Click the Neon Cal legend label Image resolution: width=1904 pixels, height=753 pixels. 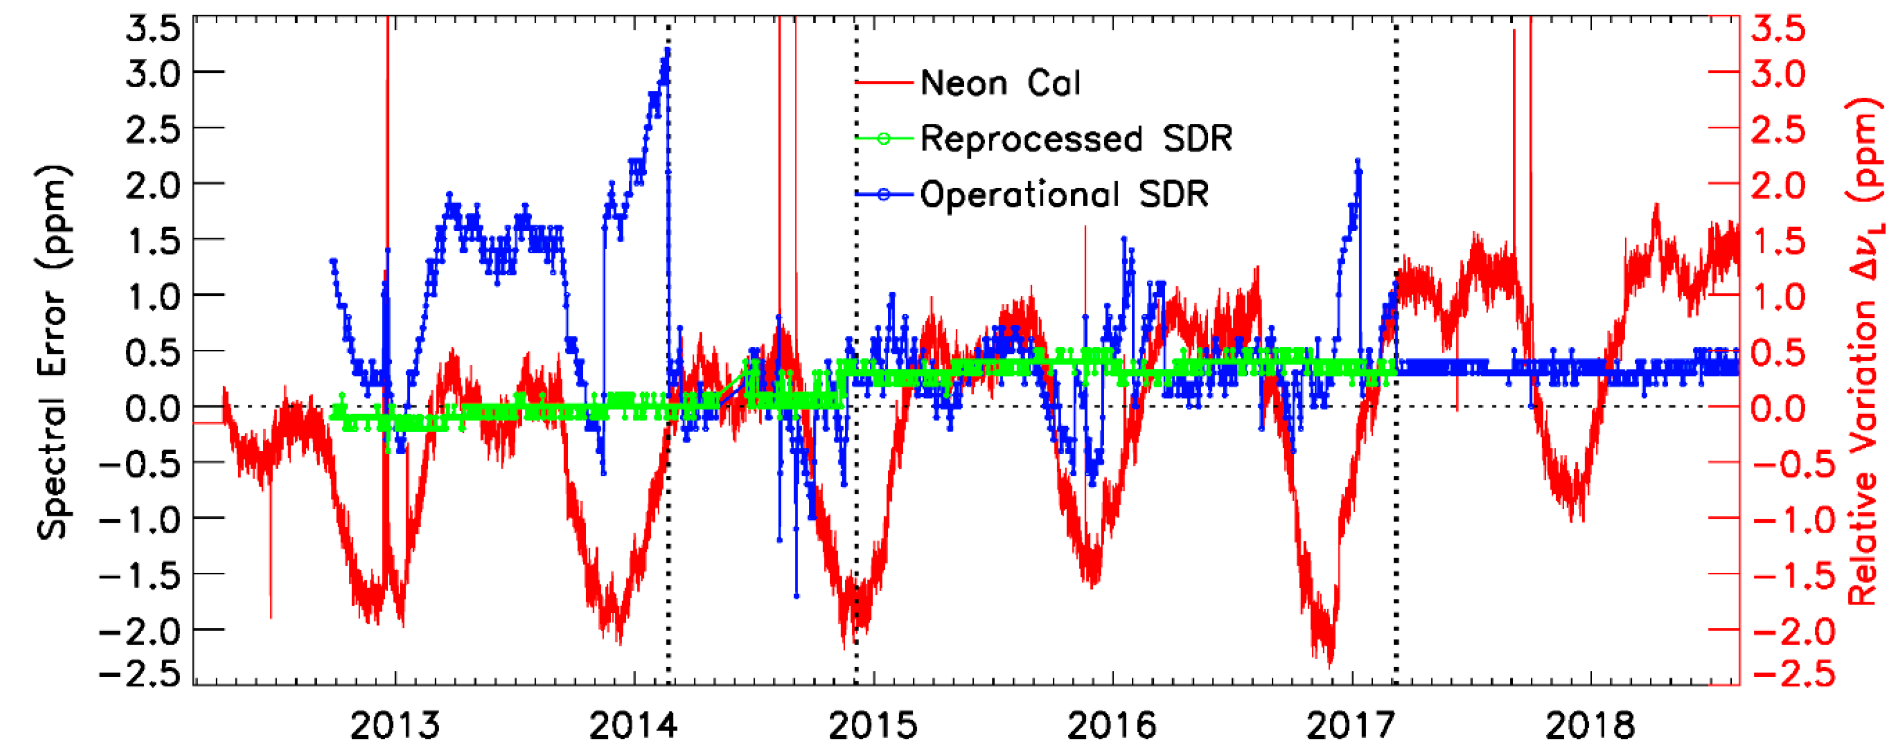pyautogui.click(x=1000, y=83)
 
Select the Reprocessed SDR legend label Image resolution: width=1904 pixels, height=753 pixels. pyautogui.click(x=1076, y=139)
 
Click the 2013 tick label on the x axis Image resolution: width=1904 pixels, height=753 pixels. pyautogui.click(x=395, y=726)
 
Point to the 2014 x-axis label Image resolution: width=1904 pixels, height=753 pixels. pyautogui.click(x=633, y=726)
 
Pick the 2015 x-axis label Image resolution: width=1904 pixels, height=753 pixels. pyautogui.click(x=873, y=726)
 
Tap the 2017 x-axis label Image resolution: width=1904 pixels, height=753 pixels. pyautogui.click(x=1351, y=726)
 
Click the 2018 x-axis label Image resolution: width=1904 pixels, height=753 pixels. pyautogui.click(x=1590, y=726)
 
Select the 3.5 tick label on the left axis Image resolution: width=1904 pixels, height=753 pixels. pyautogui.click(x=153, y=29)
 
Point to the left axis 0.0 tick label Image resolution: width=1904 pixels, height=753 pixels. pyautogui.click(x=153, y=407)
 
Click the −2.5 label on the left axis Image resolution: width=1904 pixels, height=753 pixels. pyautogui.click(x=141, y=674)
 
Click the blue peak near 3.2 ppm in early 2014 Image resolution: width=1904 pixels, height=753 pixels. pyautogui.click(x=667, y=50)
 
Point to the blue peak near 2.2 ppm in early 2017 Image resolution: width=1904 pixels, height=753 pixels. pyautogui.click(x=1358, y=160)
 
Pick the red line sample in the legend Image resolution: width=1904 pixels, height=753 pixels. pyautogui.click(x=884, y=83)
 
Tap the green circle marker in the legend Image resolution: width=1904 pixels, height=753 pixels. pyautogui.click(x=884, y=139)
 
